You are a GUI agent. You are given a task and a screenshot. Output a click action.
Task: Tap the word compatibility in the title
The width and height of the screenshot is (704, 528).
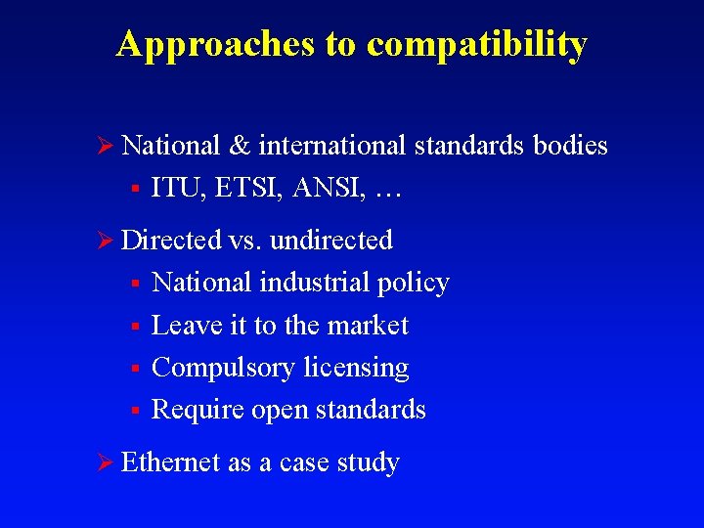[476, 44]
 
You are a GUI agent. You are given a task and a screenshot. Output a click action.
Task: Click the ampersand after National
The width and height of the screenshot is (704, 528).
[239, 146]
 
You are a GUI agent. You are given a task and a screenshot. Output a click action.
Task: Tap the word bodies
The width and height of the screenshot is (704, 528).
[570, 146]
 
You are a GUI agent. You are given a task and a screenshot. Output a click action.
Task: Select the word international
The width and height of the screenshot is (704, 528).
[331, 146]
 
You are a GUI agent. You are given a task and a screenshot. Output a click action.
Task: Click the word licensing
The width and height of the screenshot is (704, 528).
[356, 369]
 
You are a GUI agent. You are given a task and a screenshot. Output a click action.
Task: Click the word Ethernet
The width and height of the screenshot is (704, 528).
[171, 462]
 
